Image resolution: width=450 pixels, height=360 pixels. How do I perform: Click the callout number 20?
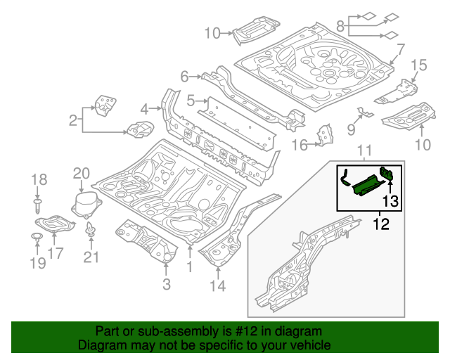[82, 174]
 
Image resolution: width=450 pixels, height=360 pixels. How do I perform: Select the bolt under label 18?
[38, 205]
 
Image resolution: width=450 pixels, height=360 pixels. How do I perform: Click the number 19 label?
[37, 263]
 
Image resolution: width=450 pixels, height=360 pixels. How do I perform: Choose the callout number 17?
[55, 253]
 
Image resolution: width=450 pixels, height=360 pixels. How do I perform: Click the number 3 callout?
[166, 284]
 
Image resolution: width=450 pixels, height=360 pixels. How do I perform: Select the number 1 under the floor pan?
[188, 267]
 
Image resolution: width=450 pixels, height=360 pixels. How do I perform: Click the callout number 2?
[73, 122]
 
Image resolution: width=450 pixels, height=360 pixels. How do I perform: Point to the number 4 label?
[145, 109]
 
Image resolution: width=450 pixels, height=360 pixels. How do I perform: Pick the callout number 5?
[191, 101]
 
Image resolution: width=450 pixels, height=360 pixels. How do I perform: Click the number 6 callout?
[185, 76]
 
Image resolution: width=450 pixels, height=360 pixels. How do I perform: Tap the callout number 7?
[400, 49]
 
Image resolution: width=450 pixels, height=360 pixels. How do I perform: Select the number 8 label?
[340, 26]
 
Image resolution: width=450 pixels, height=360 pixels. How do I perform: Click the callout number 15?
[418, 65]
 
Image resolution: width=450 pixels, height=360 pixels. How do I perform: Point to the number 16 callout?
[300, 145]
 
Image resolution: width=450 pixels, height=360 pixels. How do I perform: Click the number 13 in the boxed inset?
[390, 202]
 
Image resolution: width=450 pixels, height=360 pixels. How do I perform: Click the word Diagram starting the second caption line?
[101, 345]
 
